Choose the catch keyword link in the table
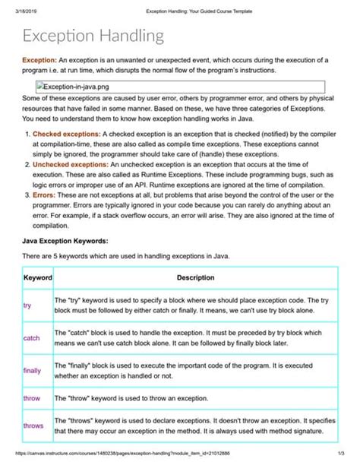click(31, 337)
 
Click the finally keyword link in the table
click(32, 370)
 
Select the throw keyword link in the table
click(31, 397)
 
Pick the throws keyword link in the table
click(33, 425)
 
